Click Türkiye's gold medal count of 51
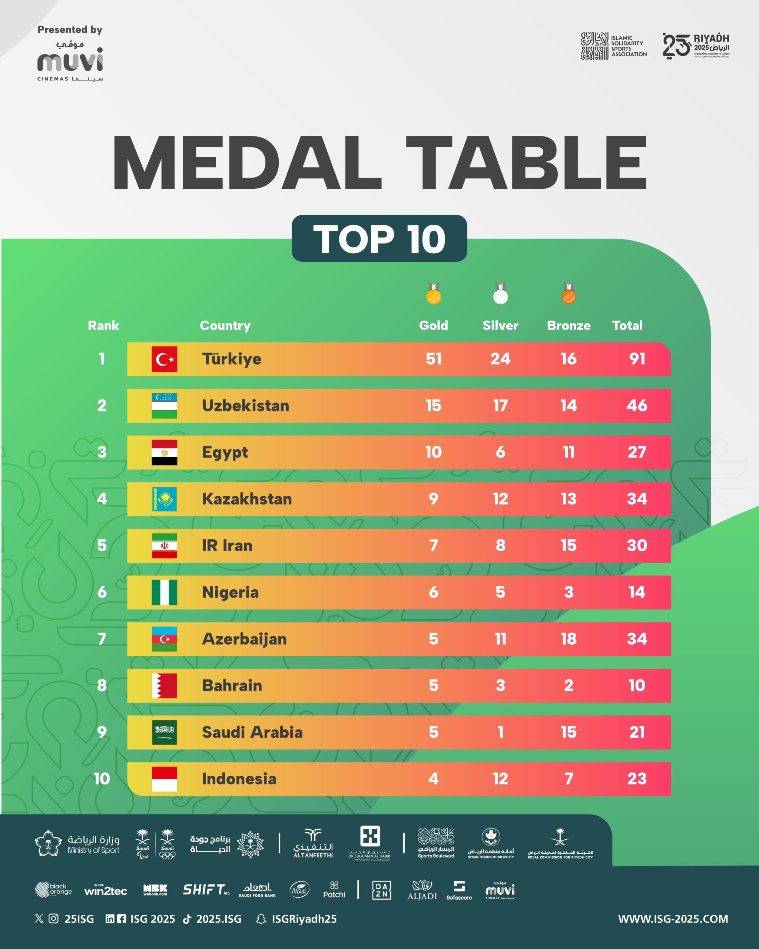433,359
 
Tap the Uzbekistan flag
164,406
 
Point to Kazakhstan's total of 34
637,499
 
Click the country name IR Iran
227,545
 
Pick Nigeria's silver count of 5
500,592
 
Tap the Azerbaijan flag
164,639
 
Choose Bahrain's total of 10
637,685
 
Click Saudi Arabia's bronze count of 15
569,732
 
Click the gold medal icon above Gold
433,294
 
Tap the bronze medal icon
569,294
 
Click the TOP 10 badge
379,239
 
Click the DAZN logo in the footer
381,890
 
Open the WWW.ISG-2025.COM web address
673,919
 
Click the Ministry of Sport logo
77,844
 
